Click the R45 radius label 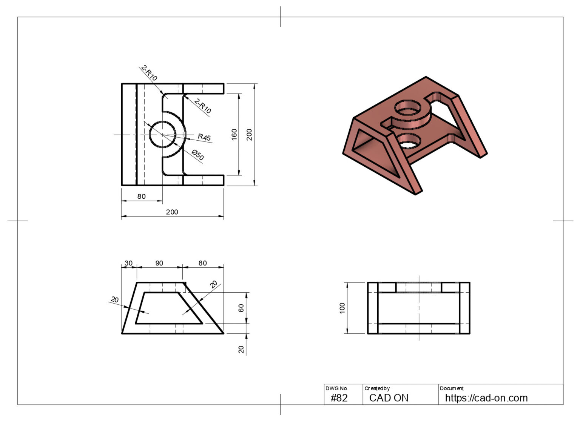(204, 137)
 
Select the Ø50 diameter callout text (198, 155)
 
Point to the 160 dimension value (234, 135)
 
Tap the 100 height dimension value (342, 308)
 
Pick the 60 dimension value (241, 308)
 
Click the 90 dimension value (159, 263)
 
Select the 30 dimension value (128, 263)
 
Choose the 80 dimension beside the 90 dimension (203, 263)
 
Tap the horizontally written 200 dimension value (172, 212)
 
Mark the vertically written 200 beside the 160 (249, 135)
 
